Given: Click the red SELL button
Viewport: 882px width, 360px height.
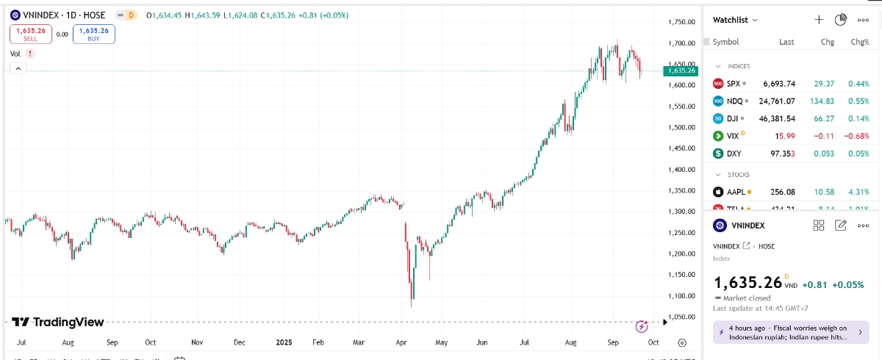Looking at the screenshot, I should [x=30, y=34].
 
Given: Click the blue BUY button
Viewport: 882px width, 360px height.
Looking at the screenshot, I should [x=93, y=34].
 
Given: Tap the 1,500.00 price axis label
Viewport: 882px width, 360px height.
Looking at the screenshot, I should [x=681, y=127].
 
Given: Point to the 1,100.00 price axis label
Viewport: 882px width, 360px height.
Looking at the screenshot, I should [x=681, y=296].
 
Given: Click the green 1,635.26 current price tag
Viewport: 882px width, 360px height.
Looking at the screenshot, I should [x=679, y=71].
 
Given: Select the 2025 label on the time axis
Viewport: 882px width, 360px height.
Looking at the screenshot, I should [x=284, y=342].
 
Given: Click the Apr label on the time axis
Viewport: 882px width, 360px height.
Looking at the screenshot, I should [x=401, y=342].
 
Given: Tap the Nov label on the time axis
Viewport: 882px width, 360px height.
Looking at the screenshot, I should [x=196, y=342].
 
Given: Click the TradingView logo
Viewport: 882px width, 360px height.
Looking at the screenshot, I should [x=58, y=322].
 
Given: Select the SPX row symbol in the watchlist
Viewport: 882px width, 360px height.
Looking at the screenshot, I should [x=734, y=84].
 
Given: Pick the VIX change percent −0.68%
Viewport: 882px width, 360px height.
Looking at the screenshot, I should [x=857, y=136].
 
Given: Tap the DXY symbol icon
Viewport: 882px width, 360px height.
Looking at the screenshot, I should [x=718, y=154].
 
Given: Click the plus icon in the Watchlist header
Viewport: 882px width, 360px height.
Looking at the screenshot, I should [x=819, y=20].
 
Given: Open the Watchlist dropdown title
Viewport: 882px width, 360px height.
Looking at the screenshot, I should [x=735, y=20].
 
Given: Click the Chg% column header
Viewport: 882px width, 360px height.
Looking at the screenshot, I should [x=859, y=42].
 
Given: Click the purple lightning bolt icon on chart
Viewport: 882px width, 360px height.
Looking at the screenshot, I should [x=642, y=325].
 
